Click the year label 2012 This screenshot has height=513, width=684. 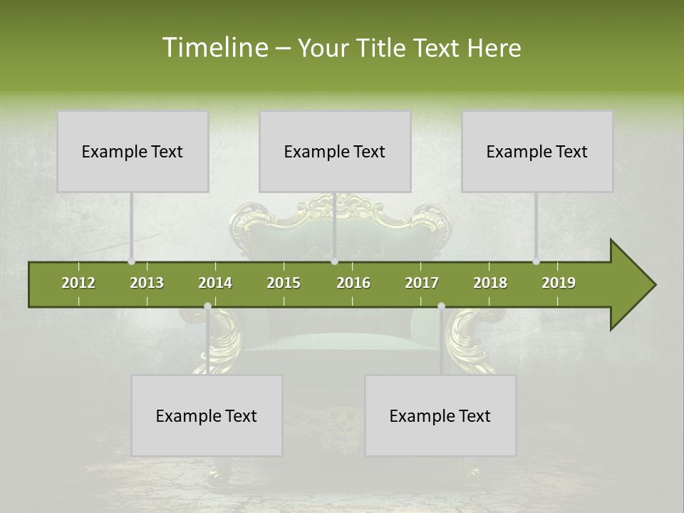[x=78, y=283]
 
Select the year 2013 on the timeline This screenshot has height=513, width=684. [x=147, y=283]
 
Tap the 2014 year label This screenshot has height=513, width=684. [x=215, y=283]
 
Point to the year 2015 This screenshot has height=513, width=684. [x=284, y=283]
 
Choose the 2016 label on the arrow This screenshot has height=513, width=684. [x=353, y=283]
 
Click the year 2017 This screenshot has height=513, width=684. [x=422, y=283]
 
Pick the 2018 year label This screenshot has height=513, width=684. [x=490, y=283]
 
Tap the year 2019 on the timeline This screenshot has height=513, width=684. [x=559, y=283]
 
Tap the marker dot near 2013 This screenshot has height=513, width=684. [x=131, y=261]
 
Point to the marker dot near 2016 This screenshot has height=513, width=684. [x=334, y=261]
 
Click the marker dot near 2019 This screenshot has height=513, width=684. [x=537, y=261]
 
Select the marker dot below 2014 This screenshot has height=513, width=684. [x=207, y=306]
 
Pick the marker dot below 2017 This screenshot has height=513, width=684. [x=441, y=306]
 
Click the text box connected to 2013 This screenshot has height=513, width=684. [x=133, y=151]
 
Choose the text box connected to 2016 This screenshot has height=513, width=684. [x=335, y=151]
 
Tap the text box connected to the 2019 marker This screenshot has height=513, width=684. [x=537, y=151]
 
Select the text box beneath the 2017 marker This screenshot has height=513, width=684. [x=440, y=415]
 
